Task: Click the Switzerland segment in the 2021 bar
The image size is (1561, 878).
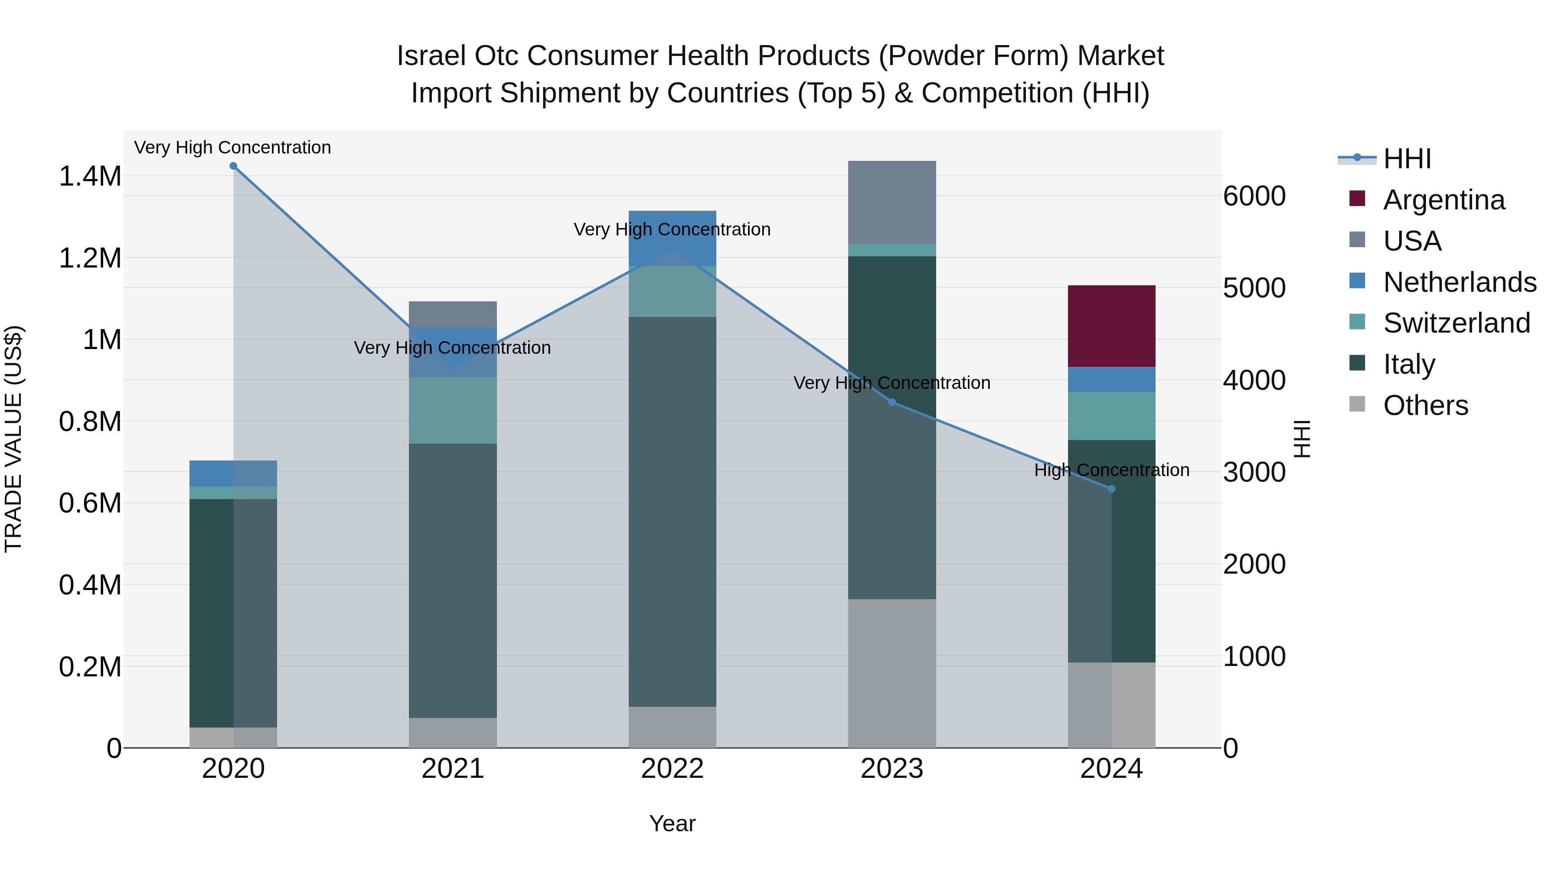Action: (x=453, y=410)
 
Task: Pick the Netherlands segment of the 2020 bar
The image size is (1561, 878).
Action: (x=233, y=473)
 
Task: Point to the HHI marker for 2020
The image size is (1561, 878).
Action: (x=233, y=166)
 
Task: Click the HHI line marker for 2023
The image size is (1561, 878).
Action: (x=892, y=402)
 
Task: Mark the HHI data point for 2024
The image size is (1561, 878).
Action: (x=1111, y=489)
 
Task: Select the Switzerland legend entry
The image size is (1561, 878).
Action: (x=1456, y=323)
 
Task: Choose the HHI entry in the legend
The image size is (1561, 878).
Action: (x=1407, y=159)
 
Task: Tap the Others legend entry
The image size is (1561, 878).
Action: (x=1425, y=405)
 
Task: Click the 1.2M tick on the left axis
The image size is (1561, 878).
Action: (x=90, y=258)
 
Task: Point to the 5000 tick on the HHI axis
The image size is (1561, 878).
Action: (x=1254, y=288)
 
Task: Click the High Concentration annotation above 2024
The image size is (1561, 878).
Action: (x=1111, y=470)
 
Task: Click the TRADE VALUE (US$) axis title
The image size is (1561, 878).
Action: (x=13, y=439)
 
